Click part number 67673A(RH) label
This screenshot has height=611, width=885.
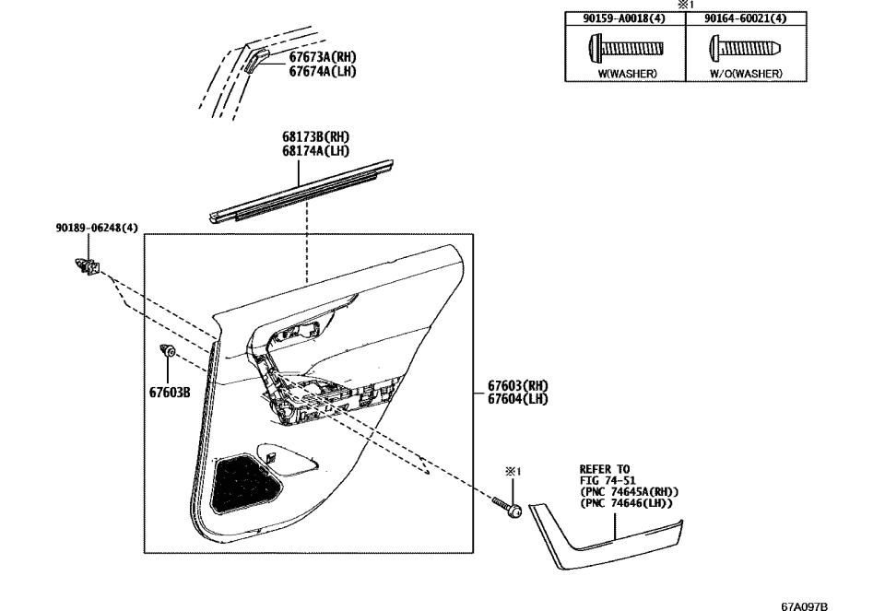(322, 57)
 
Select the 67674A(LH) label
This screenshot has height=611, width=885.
(322, 71)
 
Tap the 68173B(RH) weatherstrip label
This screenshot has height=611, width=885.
(316, 137)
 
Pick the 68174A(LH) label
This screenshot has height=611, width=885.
(316, 151)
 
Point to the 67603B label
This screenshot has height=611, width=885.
(170, 392)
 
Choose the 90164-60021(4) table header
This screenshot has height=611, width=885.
(746, 18)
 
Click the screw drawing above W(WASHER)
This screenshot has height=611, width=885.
(625, 46)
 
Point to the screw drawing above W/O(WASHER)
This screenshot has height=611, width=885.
(745, 46)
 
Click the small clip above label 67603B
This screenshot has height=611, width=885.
(168, 352)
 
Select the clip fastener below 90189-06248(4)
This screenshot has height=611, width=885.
(88, 267)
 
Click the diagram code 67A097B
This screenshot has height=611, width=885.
(804, 605)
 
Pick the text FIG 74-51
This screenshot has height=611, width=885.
(605, 480)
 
